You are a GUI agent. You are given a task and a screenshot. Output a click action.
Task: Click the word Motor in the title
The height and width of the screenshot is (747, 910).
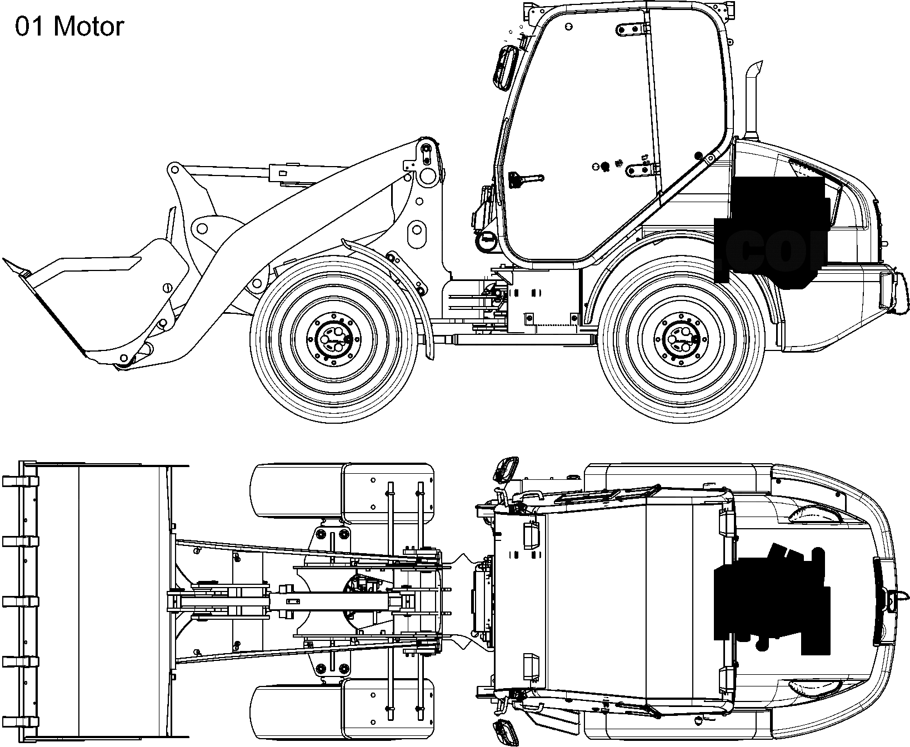coord(89,27)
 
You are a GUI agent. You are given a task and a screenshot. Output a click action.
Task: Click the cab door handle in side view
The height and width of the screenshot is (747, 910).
coord(525,179)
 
